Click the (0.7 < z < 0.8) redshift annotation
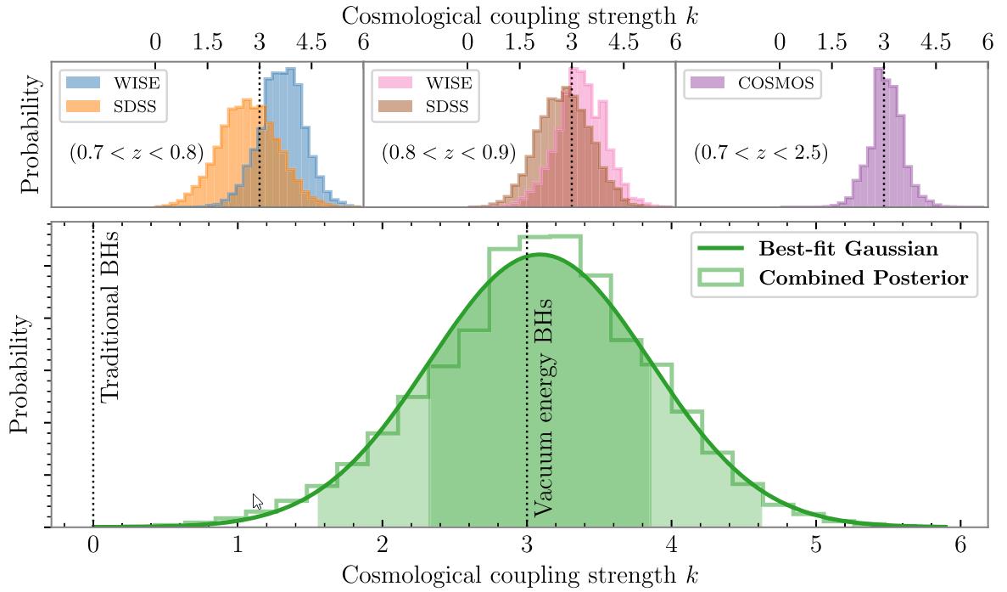click(137, 154)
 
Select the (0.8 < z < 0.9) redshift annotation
click(449, 154)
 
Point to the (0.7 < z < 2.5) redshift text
click(761, 154)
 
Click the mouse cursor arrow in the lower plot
click(257, 500)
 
